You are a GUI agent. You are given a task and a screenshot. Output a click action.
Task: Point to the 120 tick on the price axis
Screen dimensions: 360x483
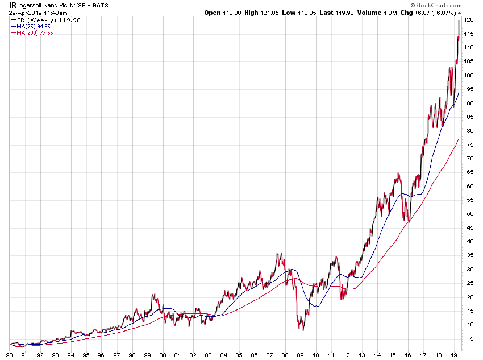469,20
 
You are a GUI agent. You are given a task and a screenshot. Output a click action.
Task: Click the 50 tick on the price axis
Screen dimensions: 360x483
469,213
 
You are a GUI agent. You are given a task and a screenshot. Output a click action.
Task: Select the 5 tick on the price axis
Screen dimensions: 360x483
469,338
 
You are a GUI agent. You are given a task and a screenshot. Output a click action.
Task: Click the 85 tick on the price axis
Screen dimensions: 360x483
469,117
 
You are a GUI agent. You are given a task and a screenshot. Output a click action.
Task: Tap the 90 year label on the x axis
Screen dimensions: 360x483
10,355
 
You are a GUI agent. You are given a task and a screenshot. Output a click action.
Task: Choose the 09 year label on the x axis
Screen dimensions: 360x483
301,355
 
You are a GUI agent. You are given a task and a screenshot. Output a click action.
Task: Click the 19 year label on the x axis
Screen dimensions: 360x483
453,355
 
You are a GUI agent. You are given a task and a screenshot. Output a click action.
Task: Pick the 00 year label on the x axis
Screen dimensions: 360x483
163,355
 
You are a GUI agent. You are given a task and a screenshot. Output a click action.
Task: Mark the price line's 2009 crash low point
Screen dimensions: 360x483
303,330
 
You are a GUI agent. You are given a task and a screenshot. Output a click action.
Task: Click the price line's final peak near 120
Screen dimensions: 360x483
459,20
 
